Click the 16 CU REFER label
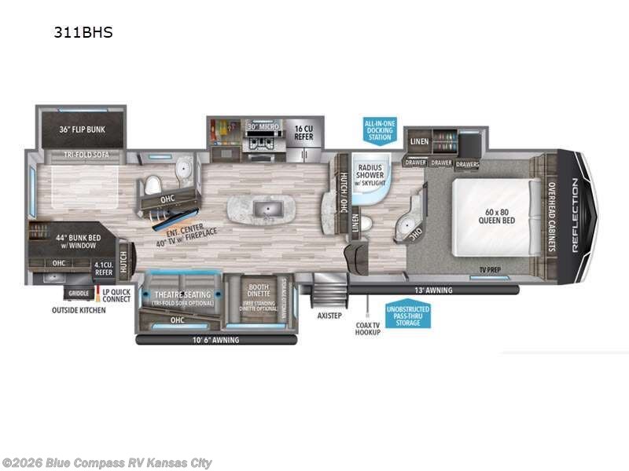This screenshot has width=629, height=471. [x=303, y=131]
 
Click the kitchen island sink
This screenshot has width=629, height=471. [x=262, y=210]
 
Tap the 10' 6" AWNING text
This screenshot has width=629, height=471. [x=216, y=340]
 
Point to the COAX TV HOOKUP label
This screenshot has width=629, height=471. [x=366, y=327]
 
